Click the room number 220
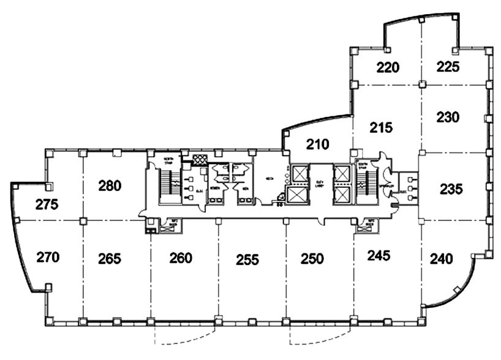pyautogui.click(x=388, y=67)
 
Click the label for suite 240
pyautogui.click(x=440, y=259)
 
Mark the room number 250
pyautogui.click(x=313, y=259)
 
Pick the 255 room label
pyautogui.click(x=247, y=260)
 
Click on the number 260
pyautogui.click(x=181, y=258)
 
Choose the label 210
pyautogui.click(x=318, y=144)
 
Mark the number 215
pyautogui.click(x=381, y=127)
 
